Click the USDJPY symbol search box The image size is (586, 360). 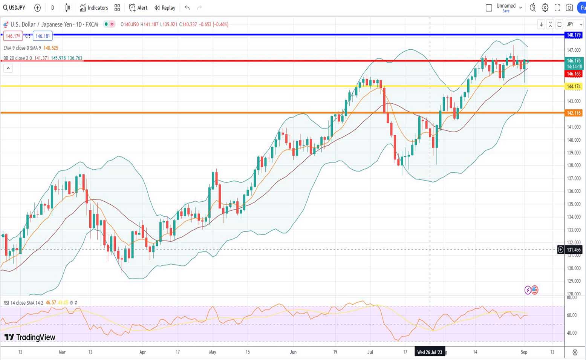click(14, 8)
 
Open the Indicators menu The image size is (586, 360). click(94, 8)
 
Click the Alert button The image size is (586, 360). click(138, 8)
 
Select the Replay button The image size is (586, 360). click(165, 8)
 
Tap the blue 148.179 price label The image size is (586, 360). click(574, 35)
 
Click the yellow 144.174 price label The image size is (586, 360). click(574, 86)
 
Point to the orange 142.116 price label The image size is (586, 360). click(574, 113)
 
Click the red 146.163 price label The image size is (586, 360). click(574, 74)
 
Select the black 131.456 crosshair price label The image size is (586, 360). click(574, 250)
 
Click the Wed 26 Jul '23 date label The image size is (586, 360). click(429, 352)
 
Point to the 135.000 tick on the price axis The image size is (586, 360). click(574, 204)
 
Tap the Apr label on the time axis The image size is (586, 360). click(142, 352)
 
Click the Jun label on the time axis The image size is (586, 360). click(293, 352)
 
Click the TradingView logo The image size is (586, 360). click(30, 337)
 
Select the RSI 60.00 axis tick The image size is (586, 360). click(572, 315)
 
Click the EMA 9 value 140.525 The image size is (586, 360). click(51, 48)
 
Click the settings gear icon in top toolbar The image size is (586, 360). click(545, 8)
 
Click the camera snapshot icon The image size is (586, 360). click(569, 8)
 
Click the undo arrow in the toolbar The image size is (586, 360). click(187, 8)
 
